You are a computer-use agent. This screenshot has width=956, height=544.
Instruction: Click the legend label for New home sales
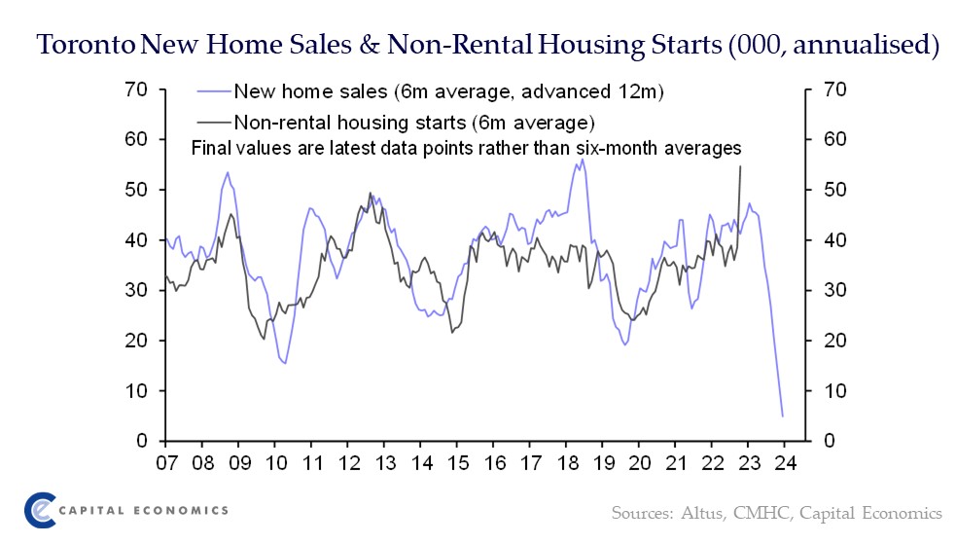(x=448, y=92)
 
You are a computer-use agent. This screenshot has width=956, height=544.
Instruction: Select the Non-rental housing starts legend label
(x=413, y=123)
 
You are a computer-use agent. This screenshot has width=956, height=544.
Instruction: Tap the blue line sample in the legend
(x=214, y=92)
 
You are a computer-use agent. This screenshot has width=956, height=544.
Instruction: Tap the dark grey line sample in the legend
(x=214, y=123)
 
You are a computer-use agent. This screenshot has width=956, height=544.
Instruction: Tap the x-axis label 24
(x=785, y=464)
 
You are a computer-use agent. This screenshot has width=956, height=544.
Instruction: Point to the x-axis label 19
(x=603, y=464)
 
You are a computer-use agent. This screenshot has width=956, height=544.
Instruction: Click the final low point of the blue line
(x=782, y=417)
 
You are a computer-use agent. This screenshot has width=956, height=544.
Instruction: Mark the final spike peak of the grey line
(x=741, y=165)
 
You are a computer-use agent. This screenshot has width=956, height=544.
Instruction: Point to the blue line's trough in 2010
(x=284, y=363)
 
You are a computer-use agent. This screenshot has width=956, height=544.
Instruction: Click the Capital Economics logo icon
(x=40, y=510)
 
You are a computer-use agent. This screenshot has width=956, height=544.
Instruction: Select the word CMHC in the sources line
(x=748, y=512)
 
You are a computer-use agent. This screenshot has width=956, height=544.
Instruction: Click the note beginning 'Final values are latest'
(x=466, y=149)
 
